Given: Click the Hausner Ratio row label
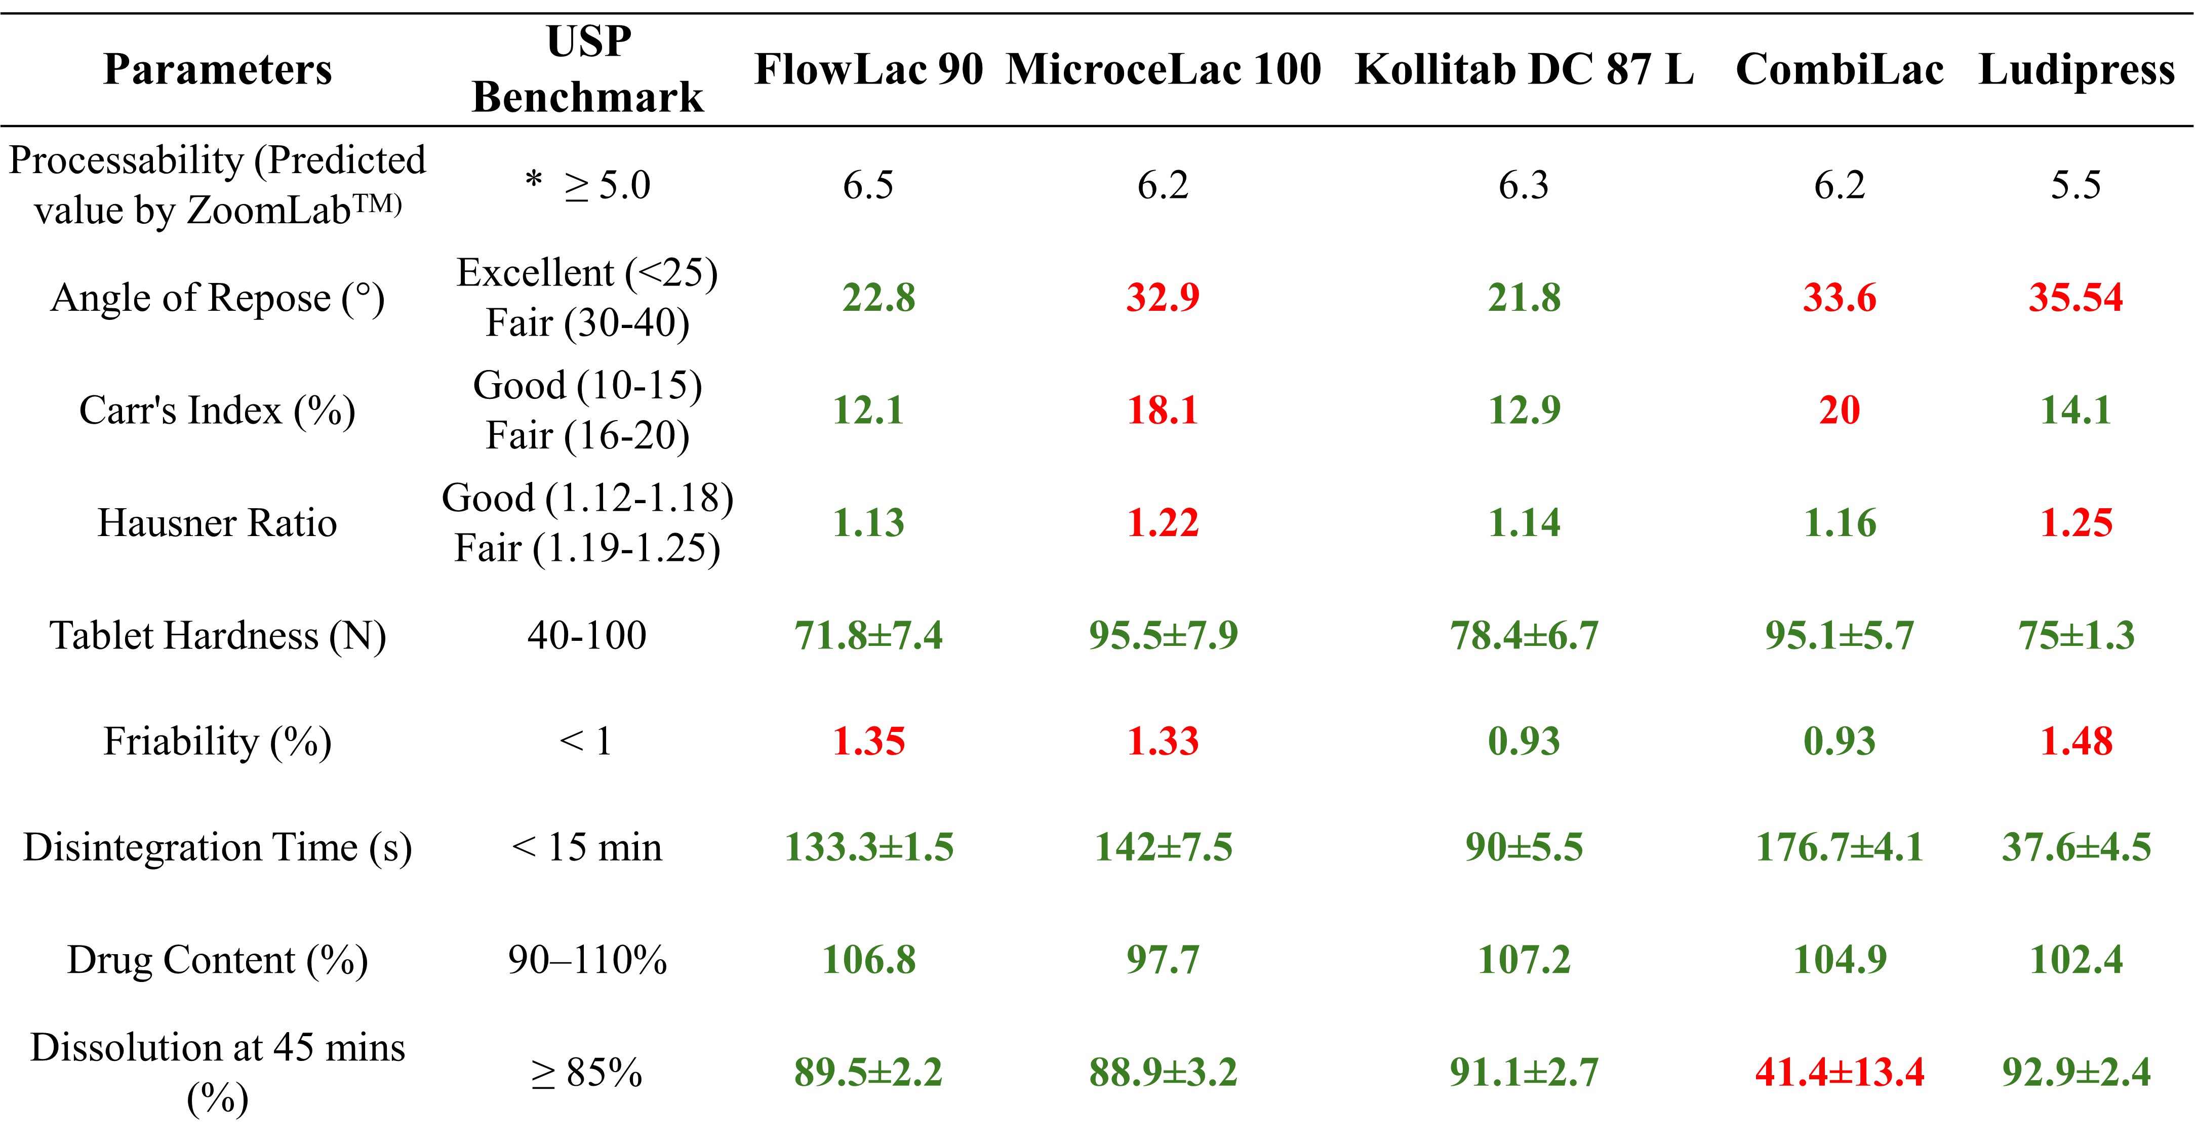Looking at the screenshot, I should (217, 522).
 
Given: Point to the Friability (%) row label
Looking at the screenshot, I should (217, 741).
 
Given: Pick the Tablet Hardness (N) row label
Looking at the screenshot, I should (217, 636).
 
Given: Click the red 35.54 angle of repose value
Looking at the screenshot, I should (2076, 297).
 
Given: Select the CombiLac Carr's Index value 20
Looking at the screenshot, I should (1839, 410).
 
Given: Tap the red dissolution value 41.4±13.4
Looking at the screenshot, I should (1839, 1072).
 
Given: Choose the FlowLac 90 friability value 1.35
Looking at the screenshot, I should (868, 741).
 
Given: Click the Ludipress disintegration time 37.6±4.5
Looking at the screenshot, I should (2076, 847).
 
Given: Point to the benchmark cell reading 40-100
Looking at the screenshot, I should (587, 636).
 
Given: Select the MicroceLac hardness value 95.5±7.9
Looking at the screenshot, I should (1163, 636).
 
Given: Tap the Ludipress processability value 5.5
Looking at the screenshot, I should (2076, 185).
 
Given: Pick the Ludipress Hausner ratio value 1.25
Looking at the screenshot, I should (2076, 522).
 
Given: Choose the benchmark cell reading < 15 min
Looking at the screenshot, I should (587, 847).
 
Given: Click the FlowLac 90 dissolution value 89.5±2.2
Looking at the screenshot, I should (868, 1072).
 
